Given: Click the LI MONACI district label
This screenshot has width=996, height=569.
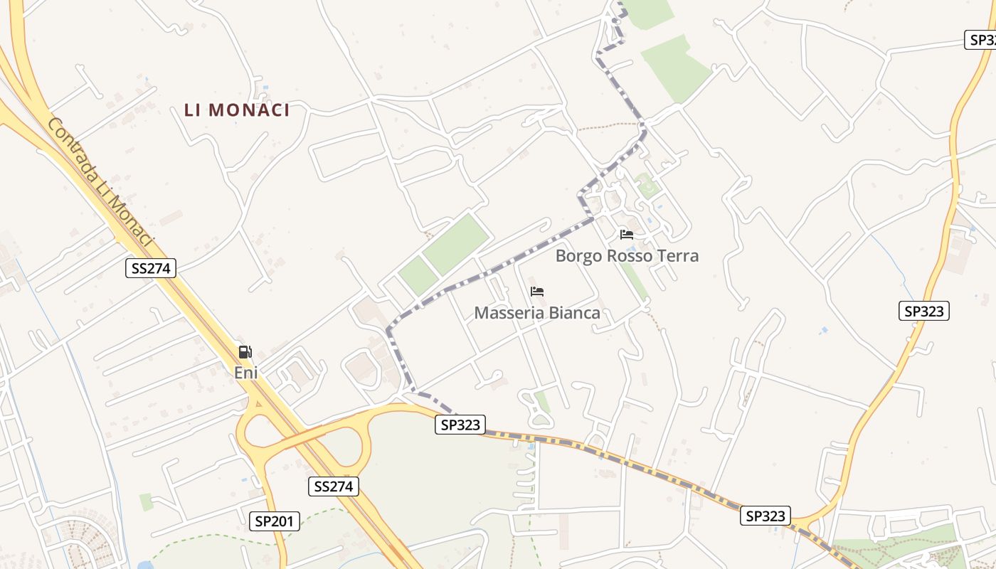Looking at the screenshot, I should click(237, 110).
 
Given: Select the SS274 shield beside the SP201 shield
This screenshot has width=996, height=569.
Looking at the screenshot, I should click(334, 486).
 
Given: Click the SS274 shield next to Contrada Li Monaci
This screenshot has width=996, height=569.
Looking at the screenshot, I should click(150, 268).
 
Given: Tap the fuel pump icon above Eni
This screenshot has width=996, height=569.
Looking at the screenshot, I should click(245, 351).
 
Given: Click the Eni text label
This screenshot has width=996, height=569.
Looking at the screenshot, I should click(245, 372).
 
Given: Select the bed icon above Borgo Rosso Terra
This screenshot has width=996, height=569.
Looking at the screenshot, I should click(626, 234).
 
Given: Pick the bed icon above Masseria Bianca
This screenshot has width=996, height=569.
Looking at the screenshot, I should click(537, 292).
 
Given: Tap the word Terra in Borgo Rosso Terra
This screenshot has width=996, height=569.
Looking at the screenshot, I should click(677, 256).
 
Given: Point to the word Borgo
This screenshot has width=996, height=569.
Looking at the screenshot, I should click(578, 256).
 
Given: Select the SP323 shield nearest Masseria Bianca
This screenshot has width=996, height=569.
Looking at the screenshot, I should click(460, 425).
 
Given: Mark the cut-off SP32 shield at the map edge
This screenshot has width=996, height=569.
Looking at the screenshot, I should click(982, 40).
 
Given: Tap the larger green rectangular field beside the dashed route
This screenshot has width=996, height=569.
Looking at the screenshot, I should click(456, 243).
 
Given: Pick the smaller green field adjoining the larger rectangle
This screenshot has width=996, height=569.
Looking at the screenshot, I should click(418, 276).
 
